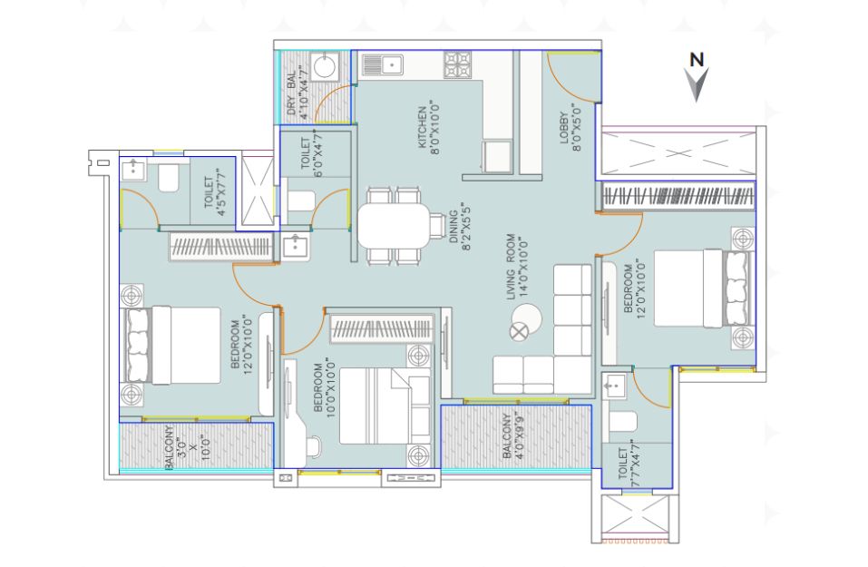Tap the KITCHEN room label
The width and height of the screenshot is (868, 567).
click(x=422, y=127)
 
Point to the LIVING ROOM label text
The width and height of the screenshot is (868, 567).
click(x=511, y=267)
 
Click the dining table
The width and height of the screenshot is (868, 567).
click(x=394, y=226)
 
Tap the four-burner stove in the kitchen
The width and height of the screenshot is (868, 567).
click(x=457, y=64)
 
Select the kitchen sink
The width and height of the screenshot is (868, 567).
click(x=383, y=64)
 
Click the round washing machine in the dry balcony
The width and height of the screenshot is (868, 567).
click(x=325, y=67)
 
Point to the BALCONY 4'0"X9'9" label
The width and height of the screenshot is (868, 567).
click(x=512, y=436)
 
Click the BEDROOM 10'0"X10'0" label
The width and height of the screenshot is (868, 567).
click(x=324, y=387)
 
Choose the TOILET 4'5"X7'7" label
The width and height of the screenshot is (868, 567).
click(x=214, y=192)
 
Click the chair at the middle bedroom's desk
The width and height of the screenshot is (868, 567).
click(x=314, y=447)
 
